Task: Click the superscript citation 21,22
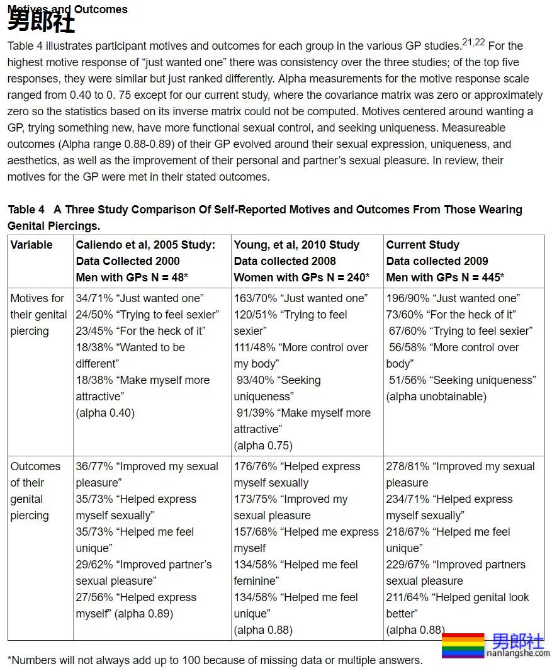(473, 42)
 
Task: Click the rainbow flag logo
(463, 645)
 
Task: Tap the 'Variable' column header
(31, 245)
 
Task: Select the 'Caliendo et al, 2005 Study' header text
(145, 245)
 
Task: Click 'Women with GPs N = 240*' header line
(301, 278)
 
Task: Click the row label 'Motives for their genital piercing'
(38, 315)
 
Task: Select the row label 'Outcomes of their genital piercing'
(35, 491)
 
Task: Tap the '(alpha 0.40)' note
(105, 413)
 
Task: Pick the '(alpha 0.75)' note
(263, 446)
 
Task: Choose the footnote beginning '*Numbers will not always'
(215, 660)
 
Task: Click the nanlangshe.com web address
(518, 653)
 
